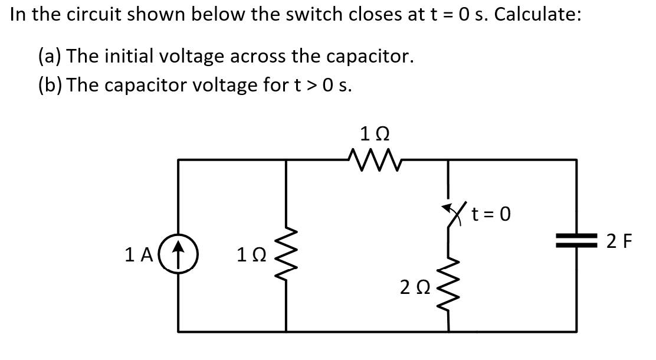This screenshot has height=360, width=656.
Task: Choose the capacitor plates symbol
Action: click(576, 242)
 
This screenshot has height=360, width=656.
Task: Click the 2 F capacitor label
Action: click(620, 242)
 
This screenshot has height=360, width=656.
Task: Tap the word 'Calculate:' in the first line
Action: click(537, 15)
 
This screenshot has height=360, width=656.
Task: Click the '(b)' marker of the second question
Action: click(51, 85)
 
